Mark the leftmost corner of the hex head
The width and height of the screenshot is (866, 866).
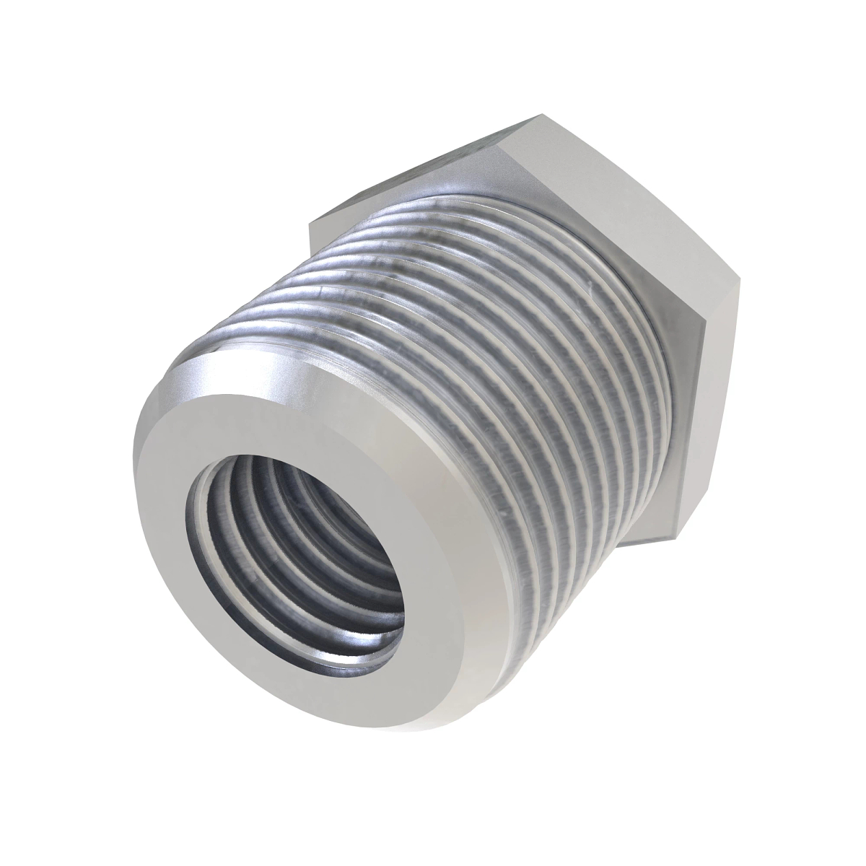(x=310, y=225)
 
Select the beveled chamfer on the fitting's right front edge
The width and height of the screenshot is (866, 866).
(x=505, y=577)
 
